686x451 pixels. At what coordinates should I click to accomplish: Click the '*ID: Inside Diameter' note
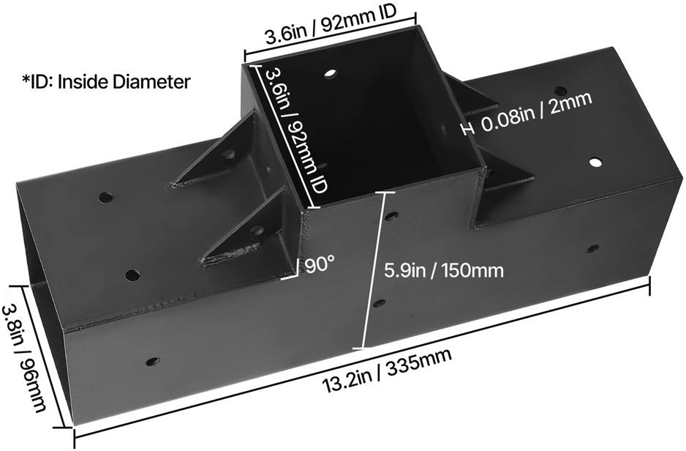point(106,81)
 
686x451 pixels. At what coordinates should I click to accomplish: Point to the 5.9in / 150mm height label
point(444,271)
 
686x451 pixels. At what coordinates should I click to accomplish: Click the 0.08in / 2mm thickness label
point(537,112)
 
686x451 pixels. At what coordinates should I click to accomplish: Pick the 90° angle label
point(320,265)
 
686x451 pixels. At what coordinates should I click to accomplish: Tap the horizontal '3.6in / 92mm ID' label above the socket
point(331,26)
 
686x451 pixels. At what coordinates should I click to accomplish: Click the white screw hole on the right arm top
point(595,163)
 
